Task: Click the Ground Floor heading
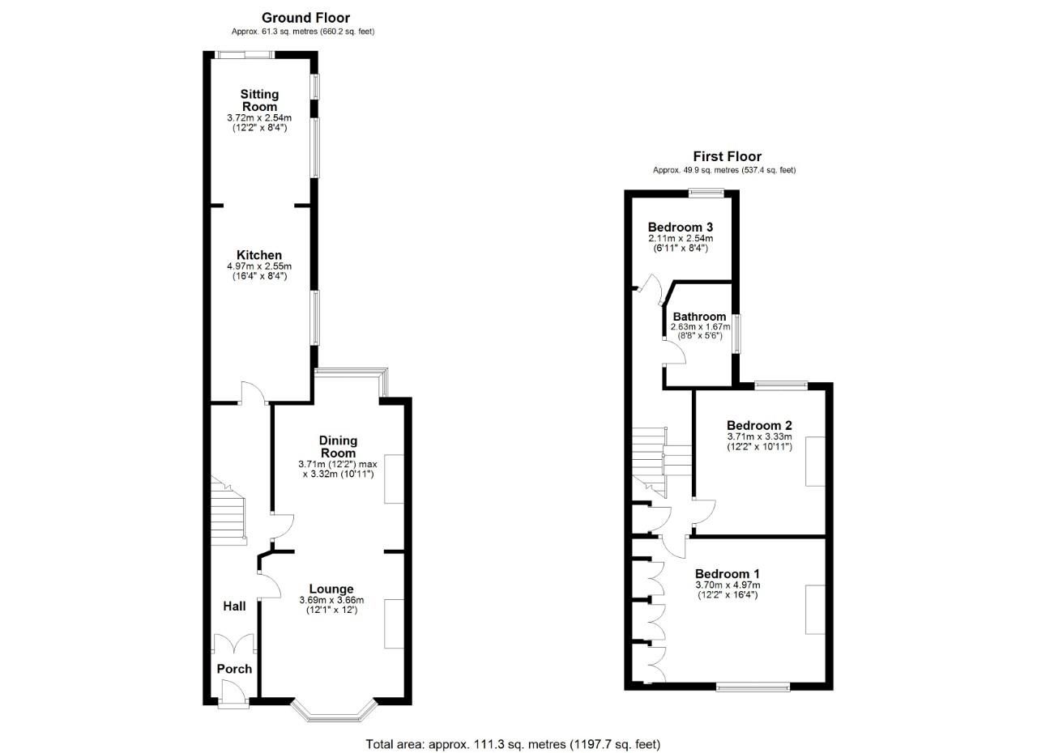tap(305, 18)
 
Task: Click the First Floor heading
tap(727, 157)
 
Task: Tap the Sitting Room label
tap(259, 100)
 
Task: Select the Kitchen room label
tap(259, 255)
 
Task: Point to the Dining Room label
tap(338, 447)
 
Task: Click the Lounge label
tap(331, 589)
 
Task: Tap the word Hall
tap(234, 606)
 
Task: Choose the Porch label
tap(234, 669)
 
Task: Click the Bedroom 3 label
tap(680, 227)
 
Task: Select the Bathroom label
tap(699, 317)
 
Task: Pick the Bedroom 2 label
tap(759, 425)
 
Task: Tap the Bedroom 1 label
tap(728, 574)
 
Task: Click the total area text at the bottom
tap(513, 744)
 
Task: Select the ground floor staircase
tap(227, 510)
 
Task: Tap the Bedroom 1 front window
tap(753, 687)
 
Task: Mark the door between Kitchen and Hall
tap(254, 393)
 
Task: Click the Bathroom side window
tap(736, 332)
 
